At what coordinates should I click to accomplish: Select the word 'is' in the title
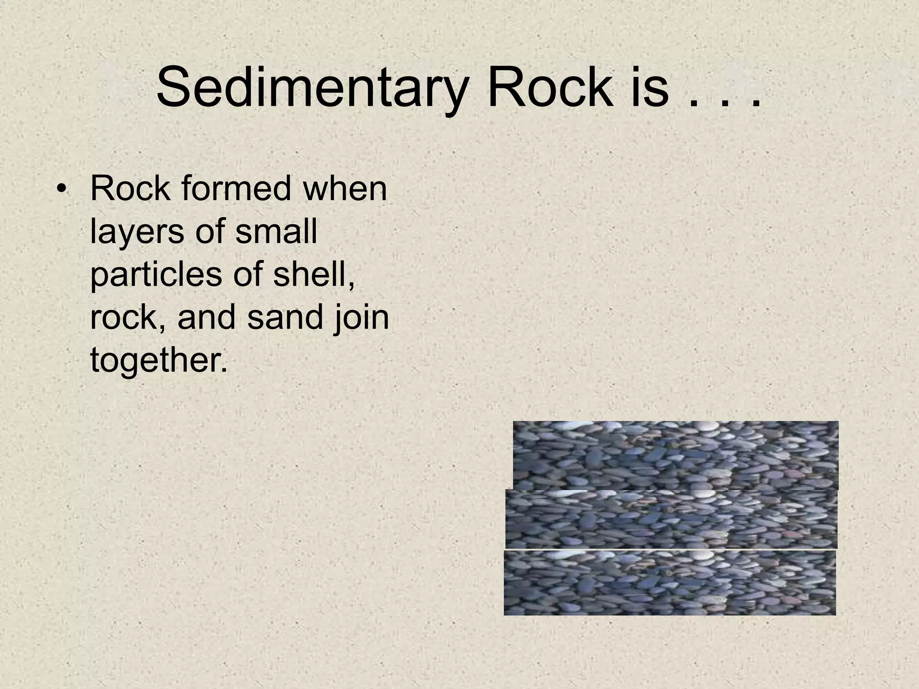click(650, 87)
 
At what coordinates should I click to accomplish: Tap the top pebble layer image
click(675, 455)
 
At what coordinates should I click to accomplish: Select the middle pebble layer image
click(671, 519)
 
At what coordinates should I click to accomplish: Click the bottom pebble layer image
click(670, 582)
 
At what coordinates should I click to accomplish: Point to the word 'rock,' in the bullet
click(129, 318)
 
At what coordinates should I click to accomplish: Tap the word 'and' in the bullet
click(207, 317)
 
